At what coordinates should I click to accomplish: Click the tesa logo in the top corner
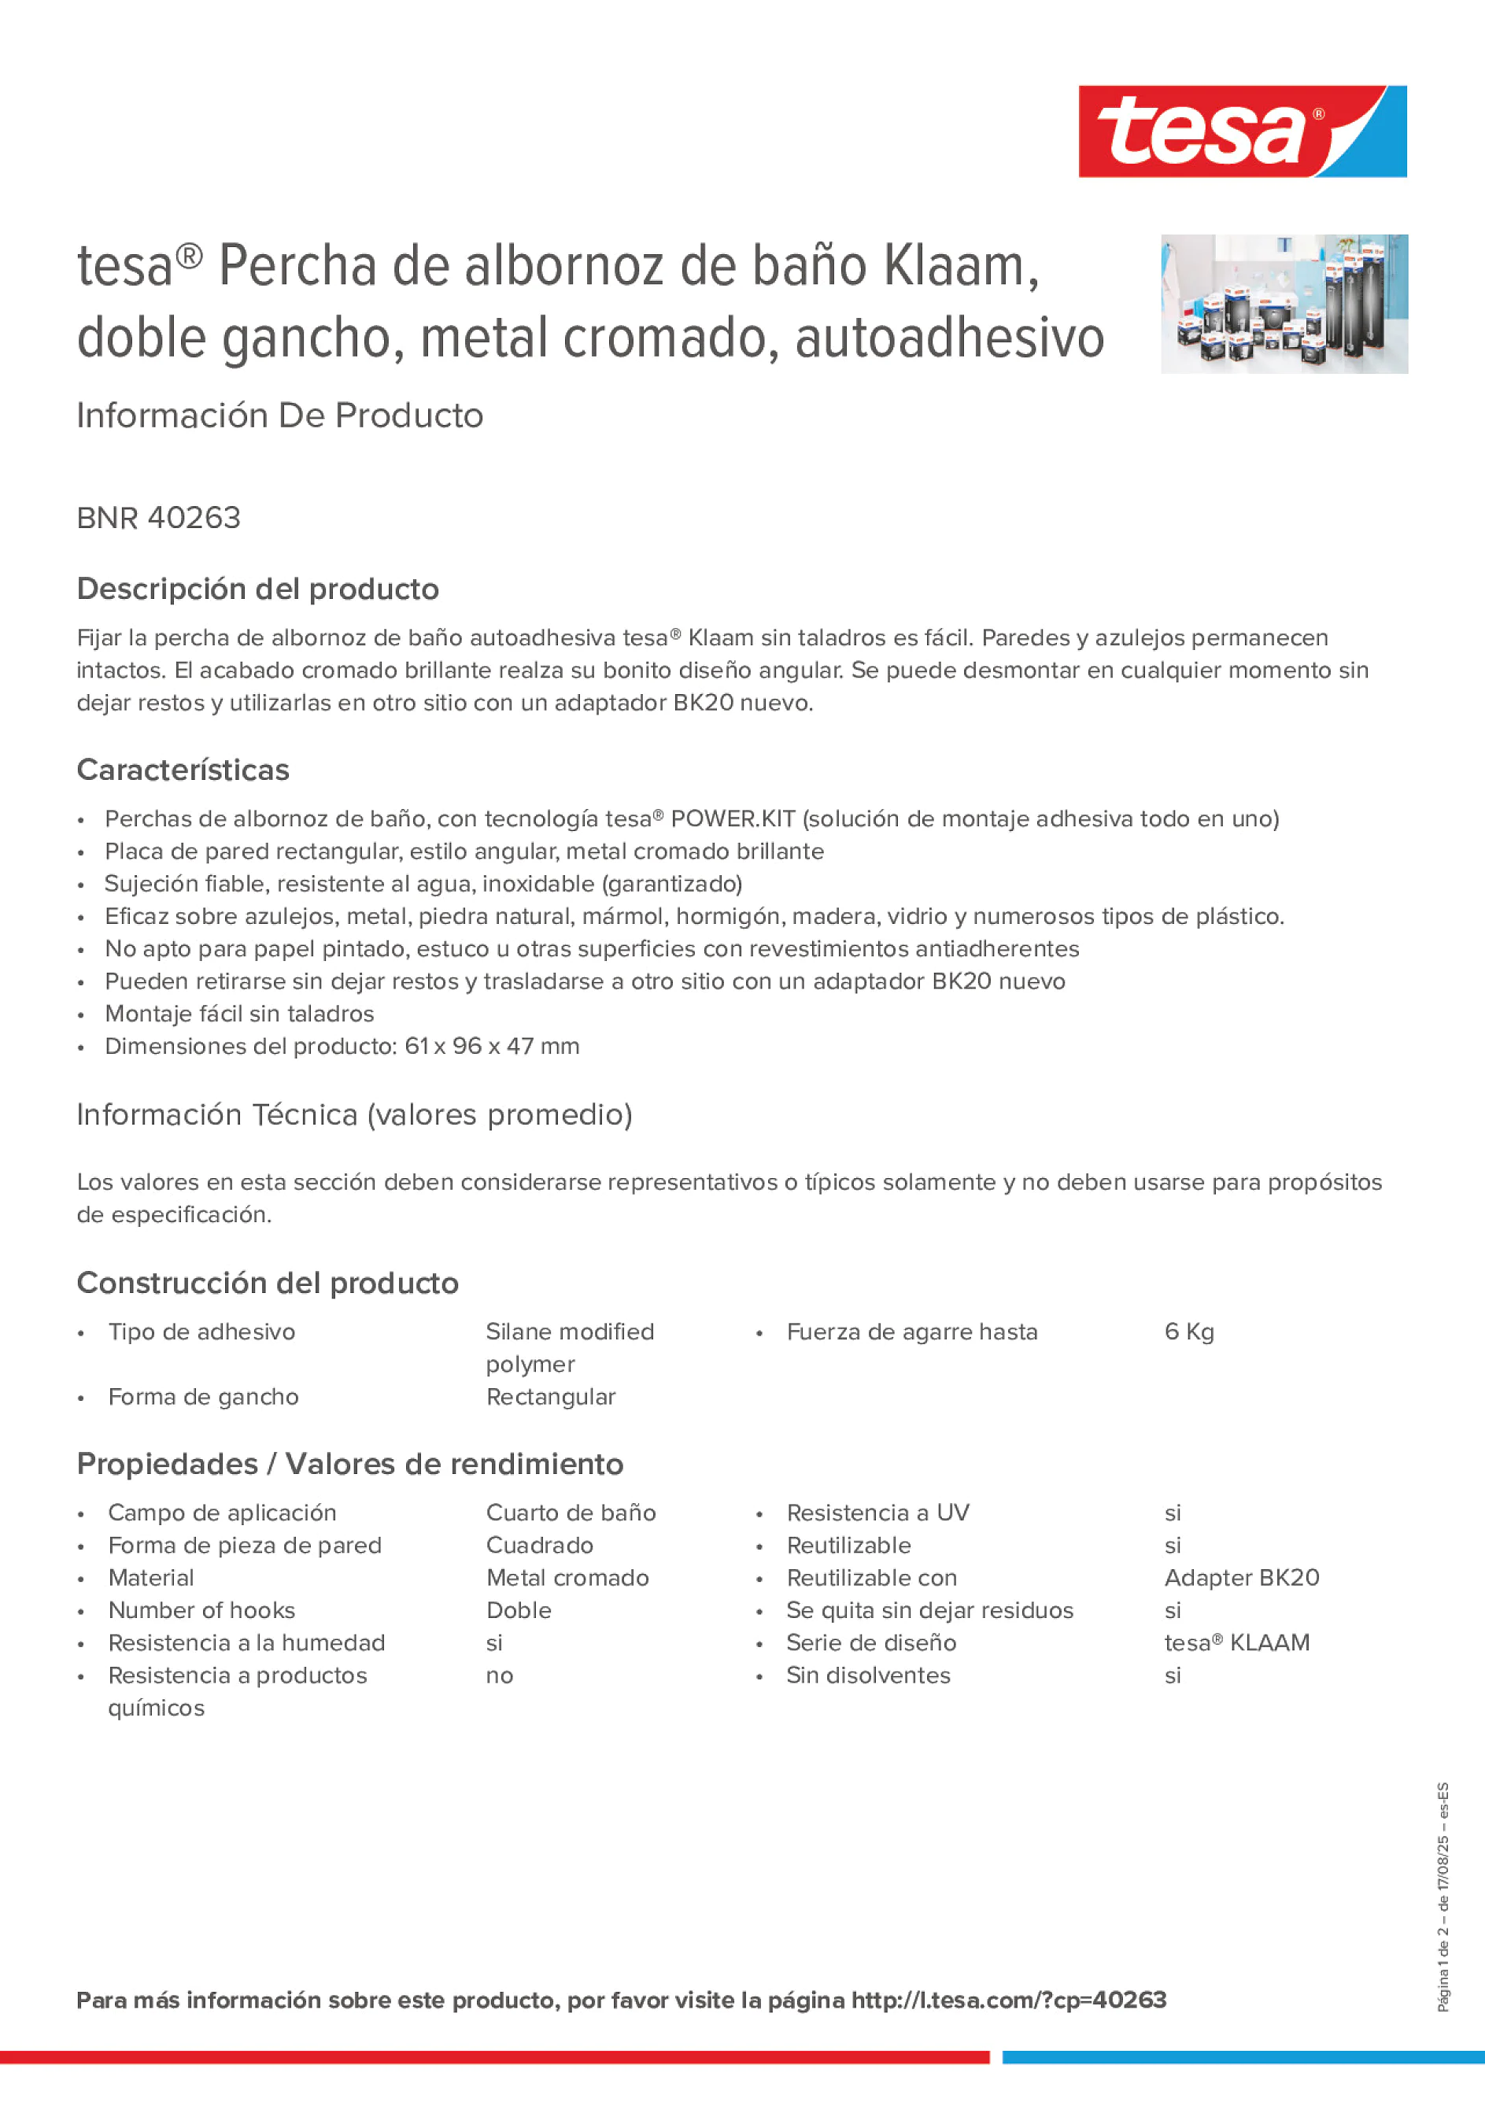1242,131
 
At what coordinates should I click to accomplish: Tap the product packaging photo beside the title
1284,303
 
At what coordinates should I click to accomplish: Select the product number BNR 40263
158,518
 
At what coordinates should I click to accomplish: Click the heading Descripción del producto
257,589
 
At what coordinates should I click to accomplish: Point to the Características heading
183,770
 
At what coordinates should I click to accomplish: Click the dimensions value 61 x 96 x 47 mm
492,1046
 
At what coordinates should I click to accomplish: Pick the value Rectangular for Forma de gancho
550,1396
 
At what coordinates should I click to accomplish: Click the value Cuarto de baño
571,1513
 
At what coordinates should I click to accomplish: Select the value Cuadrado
539,1546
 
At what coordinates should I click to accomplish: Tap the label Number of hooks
201,1610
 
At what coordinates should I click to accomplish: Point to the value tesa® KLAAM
1236,1642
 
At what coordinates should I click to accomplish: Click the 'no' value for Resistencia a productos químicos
499,1675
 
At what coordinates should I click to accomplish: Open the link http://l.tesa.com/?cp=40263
1008,2000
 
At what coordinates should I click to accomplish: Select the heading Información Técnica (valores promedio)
354,1114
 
